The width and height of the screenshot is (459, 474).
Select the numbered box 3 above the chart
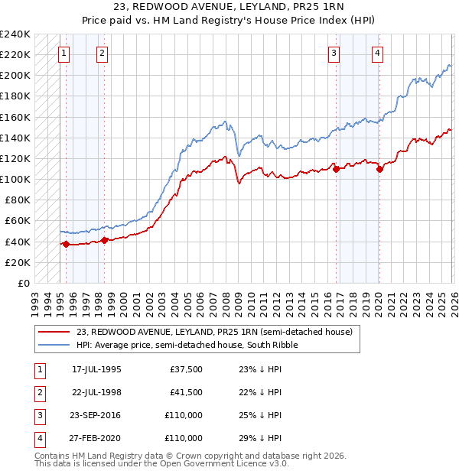pos(334,53)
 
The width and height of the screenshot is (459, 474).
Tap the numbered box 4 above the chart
pos(378,53)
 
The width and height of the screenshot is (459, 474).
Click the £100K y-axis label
pos(15,179)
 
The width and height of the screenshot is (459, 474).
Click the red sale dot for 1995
pos(66,245)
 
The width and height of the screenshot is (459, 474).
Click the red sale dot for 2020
pos(379,169)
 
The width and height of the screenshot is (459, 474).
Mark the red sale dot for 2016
pos(336,169)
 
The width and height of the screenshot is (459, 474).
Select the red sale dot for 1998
pos(105,240)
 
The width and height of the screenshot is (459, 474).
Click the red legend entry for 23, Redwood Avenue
pos(214,332)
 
